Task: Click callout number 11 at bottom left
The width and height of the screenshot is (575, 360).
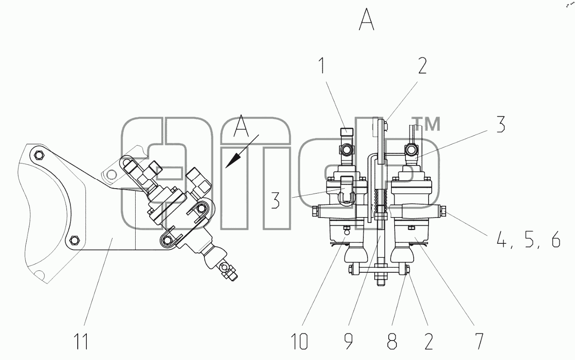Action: [81, 341]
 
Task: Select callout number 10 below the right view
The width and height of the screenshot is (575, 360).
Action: [299, 341]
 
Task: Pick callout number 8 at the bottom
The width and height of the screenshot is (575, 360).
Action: [392, 341]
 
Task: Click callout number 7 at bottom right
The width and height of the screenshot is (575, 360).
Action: [479, 341]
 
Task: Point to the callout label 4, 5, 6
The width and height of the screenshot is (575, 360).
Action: [528, 239]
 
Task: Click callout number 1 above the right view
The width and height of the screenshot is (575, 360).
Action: [322, 65]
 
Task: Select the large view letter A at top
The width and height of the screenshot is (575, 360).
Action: [366, 19]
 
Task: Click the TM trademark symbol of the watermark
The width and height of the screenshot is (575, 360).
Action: [426, 124]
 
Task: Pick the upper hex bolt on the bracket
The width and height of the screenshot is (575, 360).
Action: [39, 155]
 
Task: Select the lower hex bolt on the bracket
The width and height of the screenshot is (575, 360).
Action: [75, 240]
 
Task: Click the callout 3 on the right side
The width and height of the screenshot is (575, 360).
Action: [500, 124]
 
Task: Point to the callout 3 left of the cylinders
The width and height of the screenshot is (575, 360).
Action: [275, 200]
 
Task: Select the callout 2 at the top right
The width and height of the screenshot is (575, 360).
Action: [422, 66]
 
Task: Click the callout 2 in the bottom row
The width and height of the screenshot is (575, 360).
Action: [428, 341]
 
